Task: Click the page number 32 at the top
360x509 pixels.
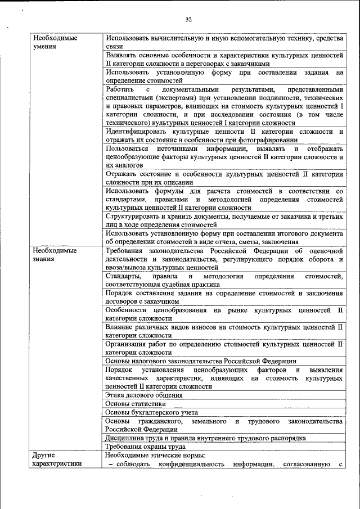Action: click(x=189, y=20)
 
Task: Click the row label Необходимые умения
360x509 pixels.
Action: click(x=55, y=42)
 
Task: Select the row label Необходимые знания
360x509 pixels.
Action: click(x=55, y=255)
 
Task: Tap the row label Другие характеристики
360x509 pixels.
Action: click(x=57, y=459)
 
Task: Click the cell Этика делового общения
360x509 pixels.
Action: click(x=144, y=395)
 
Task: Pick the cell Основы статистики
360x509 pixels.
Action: click(x=136, y=404)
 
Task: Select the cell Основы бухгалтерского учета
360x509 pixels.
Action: click(x=152, y=412)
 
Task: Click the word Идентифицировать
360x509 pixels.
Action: click(x=134, y=131)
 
